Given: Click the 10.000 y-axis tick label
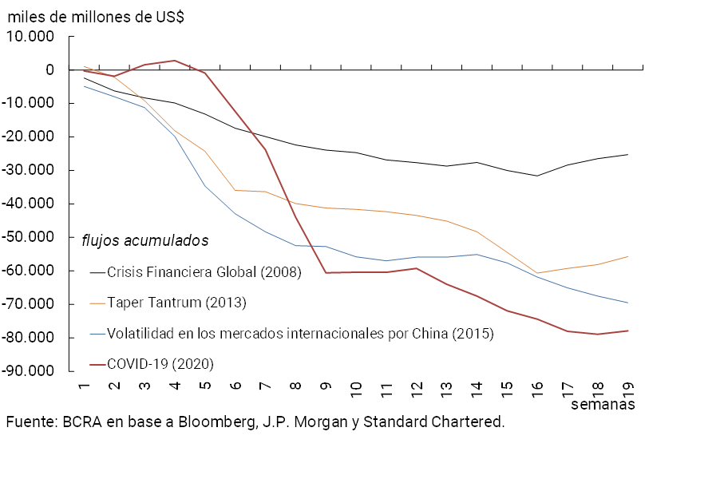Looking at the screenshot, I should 30,37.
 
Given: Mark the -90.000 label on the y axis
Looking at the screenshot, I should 27,371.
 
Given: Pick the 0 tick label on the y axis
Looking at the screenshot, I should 49,70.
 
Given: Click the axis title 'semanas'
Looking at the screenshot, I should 603,404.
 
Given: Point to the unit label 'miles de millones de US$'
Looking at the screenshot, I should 95,17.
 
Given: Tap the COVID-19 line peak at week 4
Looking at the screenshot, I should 175,61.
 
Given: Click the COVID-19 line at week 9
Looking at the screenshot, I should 326,273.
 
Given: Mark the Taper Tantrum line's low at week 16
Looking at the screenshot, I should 537,273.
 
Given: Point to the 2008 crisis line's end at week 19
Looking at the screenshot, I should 627,154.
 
